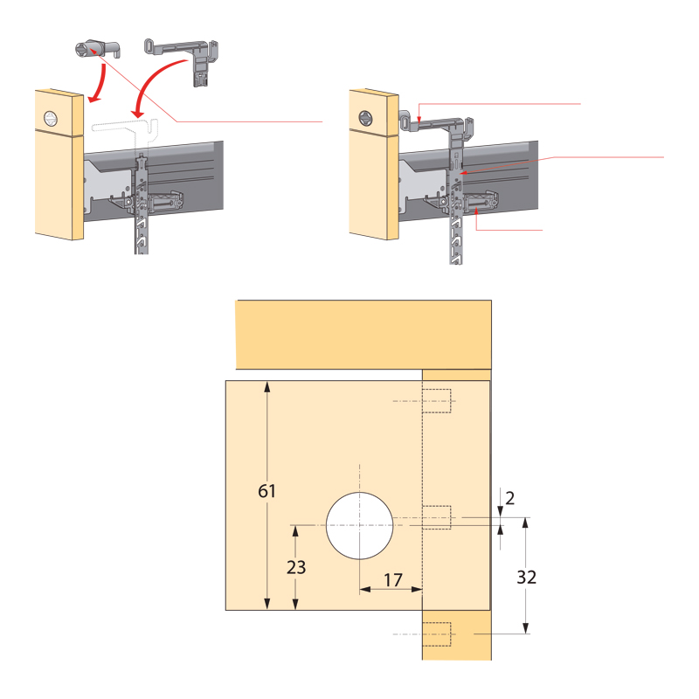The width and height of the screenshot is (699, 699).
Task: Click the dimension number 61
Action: (x=266, y=491)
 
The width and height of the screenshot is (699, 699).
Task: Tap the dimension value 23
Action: (x=296, y=567)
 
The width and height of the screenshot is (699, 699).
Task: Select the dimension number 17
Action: (x=393, y=580)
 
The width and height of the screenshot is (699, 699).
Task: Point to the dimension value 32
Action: (x=526, y=578)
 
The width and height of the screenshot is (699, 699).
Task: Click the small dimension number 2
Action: (x=510, y=498)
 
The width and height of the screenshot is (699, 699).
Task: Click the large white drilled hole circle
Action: (x=359, y=526)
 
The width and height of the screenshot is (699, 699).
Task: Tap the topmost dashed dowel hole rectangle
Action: (x=436, y=401)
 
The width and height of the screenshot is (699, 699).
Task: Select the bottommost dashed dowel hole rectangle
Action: (x=436, y=634)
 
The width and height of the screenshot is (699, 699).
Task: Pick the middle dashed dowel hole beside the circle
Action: (x=436, y=517)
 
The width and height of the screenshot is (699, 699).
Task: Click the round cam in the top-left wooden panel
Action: (x=52, y=119)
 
